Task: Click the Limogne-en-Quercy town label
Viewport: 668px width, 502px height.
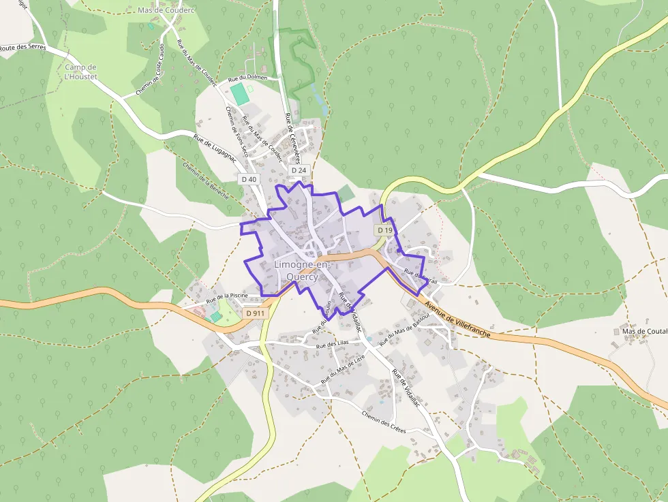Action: tap(302, 270)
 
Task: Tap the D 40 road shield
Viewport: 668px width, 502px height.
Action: tap(249, 179)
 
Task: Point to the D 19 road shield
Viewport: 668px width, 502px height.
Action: tap(384, 230)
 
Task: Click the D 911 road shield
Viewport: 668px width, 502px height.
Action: tap(255, 313)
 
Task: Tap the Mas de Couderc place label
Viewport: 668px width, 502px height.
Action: tap(166, 11)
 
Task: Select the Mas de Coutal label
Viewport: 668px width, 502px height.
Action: tap(643, 332)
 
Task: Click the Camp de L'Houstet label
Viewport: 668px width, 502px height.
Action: tap(81, 72)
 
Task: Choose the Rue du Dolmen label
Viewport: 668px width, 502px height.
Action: tap(247, 78)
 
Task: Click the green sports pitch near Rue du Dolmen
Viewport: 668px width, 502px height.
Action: tap(239, 93)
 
